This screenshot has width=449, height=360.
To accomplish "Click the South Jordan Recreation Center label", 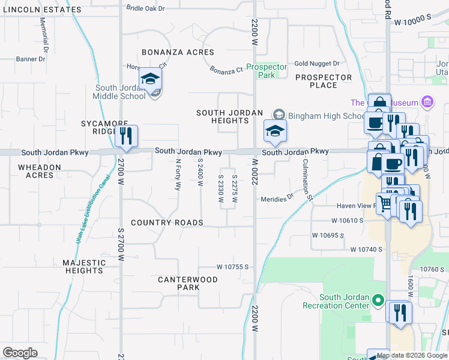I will (x=344, y=301).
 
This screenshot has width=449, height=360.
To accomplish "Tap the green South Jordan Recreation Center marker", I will (x=378, y=299).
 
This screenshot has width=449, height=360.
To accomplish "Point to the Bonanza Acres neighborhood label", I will (x=177, y=53).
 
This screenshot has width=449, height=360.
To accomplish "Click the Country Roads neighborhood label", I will (x=167, y=223).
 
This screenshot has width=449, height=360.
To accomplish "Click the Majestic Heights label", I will (x=84, y=266).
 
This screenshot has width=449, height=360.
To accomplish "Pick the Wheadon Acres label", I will (x=40, y=171).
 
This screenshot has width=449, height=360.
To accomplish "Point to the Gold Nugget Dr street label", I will (x=317, y=64).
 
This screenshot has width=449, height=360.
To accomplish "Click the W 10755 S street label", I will (x=232, y=266).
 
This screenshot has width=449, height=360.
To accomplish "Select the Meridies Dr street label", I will (x=277, y=199).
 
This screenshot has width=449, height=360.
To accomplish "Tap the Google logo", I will (x=20, y=353).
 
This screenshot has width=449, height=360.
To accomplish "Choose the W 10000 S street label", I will (x=413, y=20).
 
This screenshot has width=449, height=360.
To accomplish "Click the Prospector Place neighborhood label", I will (x=324, y=81).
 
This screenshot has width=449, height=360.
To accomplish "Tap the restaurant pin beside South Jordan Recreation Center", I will (x=400, y=313).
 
